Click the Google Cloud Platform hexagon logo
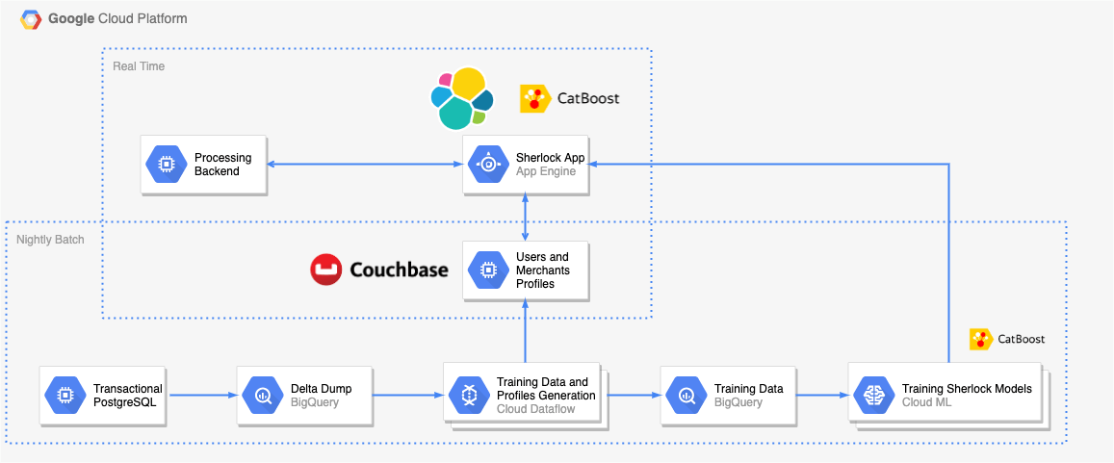click(30, 18)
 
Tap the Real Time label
click(139, 66)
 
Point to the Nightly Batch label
click(50, 239)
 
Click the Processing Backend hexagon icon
click(165, 165)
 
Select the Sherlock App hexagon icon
click(488, 165)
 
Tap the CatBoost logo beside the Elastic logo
click(533, 98)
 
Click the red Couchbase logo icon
click(327, 270)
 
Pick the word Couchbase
click(399, 270)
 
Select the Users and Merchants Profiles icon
click(488, 270)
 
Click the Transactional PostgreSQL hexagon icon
click(64, 395)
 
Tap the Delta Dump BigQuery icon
click(262, 395)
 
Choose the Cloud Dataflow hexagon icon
click(468, 395)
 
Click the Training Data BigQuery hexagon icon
click(686, 395)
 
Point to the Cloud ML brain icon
click(873, 395)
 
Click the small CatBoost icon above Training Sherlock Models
click(981, 339)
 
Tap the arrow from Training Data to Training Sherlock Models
click(821, 395)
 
